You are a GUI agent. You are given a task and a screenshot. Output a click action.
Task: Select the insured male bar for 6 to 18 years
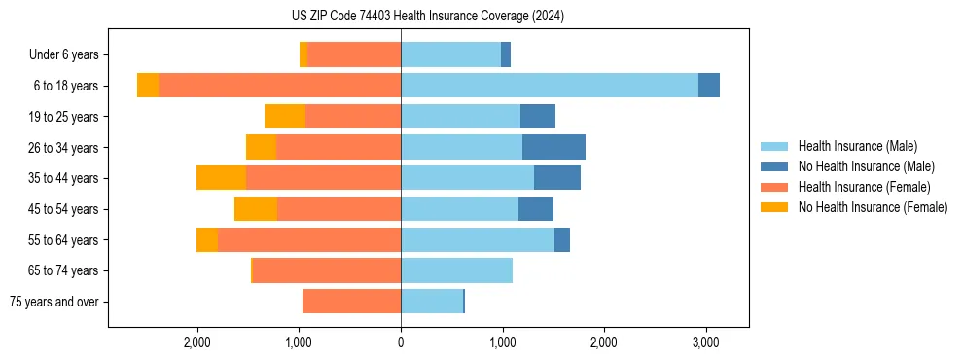(x=550, y=86)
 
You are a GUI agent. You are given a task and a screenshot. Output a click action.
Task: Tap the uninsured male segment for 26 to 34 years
(x=553, y=147)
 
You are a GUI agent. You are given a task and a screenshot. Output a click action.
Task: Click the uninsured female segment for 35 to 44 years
(x=221, y=178)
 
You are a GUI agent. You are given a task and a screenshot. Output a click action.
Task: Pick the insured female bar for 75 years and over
(x=351, y=302)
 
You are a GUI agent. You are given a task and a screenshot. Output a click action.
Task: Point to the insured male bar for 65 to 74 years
(x=456, y=270)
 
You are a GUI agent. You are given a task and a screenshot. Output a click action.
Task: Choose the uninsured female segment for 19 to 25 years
(x=285, y=117)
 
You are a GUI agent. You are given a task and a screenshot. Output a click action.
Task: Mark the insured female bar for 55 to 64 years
(x=309, y=239)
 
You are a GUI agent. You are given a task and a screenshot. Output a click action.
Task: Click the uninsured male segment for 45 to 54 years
(x=536, y=209)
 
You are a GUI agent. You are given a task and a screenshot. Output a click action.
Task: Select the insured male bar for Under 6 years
(x=450, y=54)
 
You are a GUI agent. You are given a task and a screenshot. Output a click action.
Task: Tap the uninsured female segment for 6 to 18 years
(x=148, y=86)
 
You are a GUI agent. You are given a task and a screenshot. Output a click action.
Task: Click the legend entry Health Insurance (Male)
(x=857, y=146)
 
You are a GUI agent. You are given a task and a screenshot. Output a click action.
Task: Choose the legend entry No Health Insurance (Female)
(x=873, y=207)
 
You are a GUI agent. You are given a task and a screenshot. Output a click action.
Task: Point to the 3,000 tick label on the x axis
(x=705, y=342)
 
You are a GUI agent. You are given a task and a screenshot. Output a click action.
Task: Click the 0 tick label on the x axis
(x=401, y=342)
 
